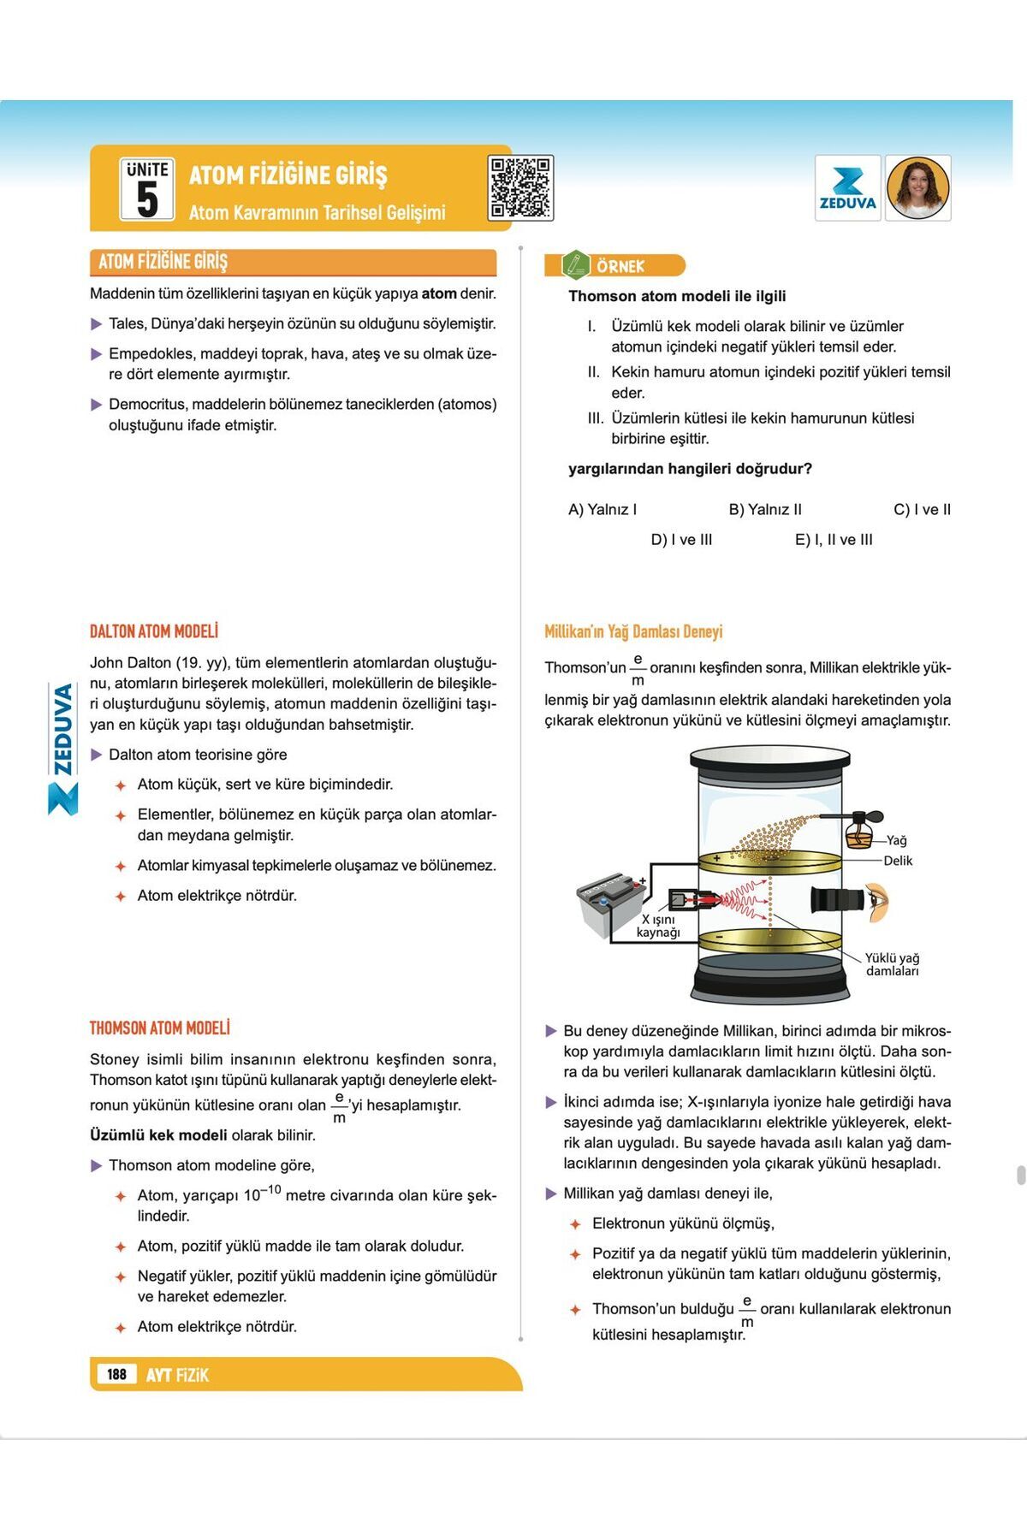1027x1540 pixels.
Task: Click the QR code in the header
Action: pos(520,188)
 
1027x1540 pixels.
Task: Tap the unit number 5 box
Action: pos(147,190)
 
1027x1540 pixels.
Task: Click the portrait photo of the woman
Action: pos(918,188)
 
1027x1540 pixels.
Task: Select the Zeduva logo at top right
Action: pos(847,188)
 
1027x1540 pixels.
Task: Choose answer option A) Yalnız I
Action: pos(603,510)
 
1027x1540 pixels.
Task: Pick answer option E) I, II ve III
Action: pos(834,540)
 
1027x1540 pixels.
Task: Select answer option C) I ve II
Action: pos(922,510)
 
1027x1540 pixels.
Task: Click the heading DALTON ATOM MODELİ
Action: pos(154,631)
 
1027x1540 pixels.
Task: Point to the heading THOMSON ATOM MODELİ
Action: pos(160,1028)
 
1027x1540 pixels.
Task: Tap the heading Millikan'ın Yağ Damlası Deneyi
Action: pos(633,632)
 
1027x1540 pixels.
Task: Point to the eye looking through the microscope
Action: pos(877,903)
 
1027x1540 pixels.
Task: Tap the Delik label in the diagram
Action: pos(898,861)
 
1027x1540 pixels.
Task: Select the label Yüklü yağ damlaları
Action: pos(892,964)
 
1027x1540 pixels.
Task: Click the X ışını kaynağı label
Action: pos(658,926)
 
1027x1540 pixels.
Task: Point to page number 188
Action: pos(117,1374)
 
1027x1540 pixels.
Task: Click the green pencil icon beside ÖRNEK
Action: pos(575,265)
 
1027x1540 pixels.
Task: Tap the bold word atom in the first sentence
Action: pos(439,293)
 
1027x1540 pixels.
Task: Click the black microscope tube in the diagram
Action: pos(836,901)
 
